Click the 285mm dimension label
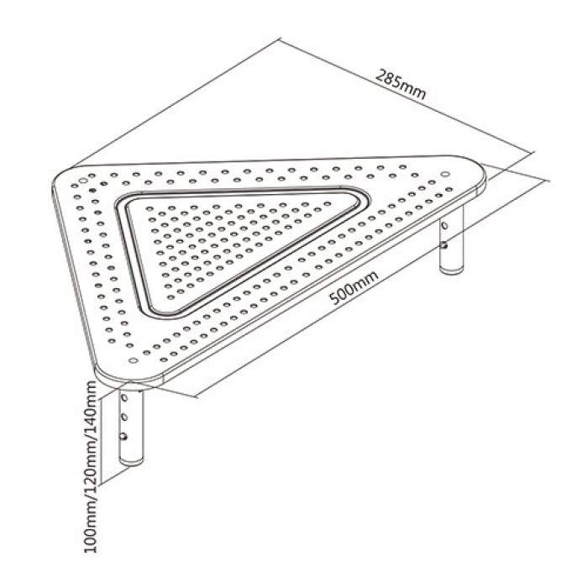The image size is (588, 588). (x=401, y=84)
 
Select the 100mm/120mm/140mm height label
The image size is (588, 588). (x=91, y=466)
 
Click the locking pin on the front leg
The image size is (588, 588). (x=123, y=437)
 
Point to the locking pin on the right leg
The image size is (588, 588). (x=444, y=245)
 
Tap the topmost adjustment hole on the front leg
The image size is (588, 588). (x=125, y=397)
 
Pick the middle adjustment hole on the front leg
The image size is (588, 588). (x=124, y=417)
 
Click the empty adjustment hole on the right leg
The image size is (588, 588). (x=445, y=226)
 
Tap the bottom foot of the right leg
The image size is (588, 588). (x=452, y=269)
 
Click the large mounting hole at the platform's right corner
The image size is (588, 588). (x=445, y=174)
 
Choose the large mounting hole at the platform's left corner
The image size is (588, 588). (x=83, y=181)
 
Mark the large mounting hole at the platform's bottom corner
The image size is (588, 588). (x=133, y=360)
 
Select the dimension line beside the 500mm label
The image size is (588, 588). (x=370, y=289)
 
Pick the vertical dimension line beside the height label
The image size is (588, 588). (x=102, y=440)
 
